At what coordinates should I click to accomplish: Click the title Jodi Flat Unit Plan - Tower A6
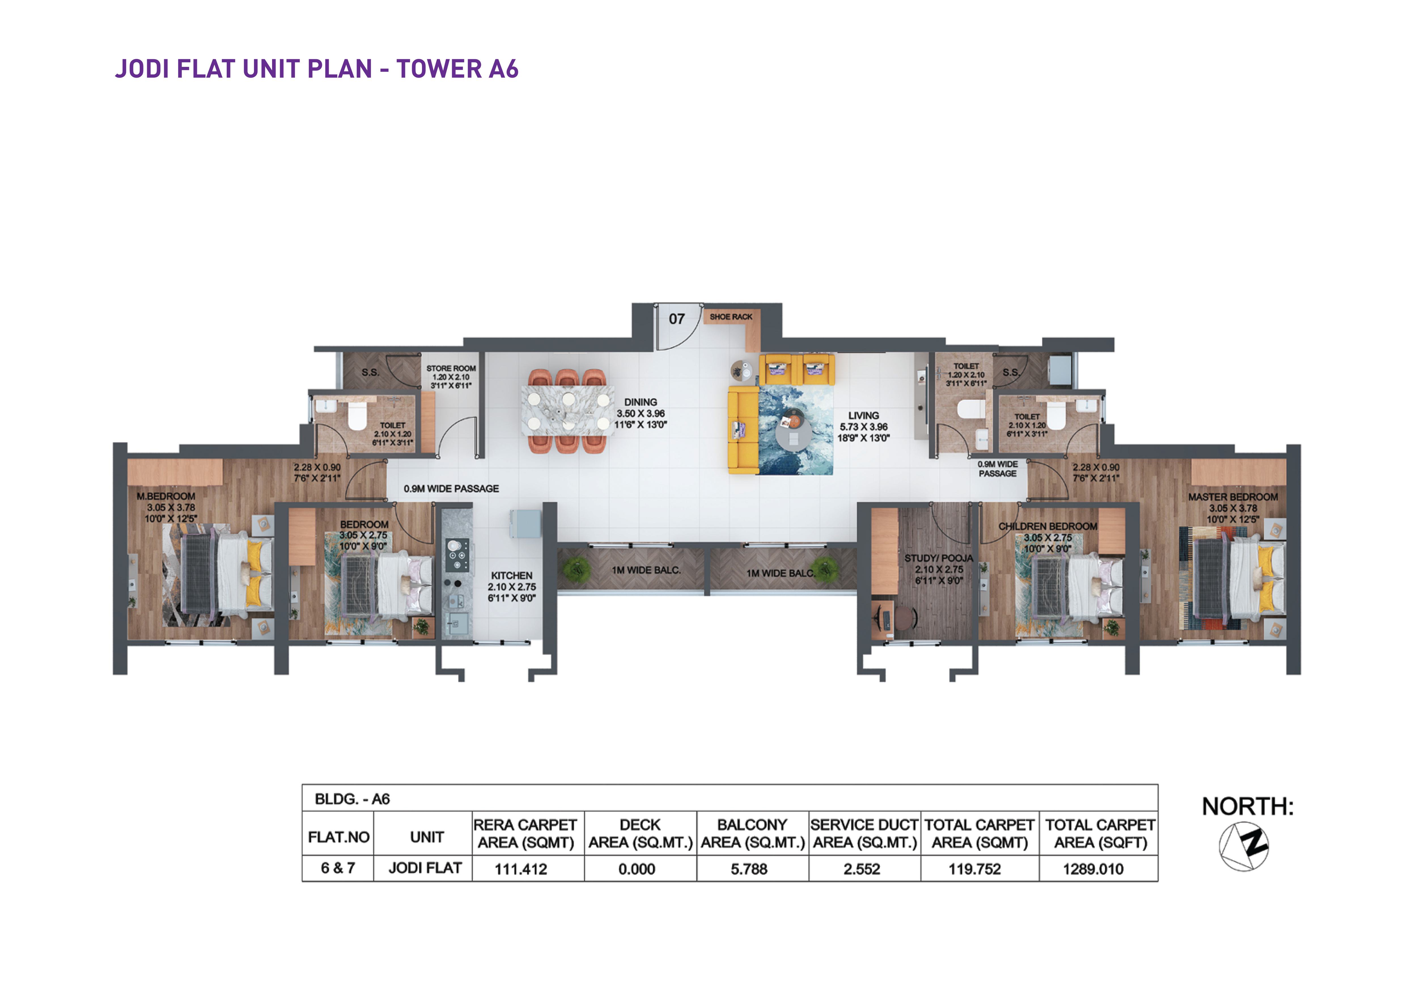(x=317, y=69)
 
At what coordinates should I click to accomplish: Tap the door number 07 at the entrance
(x=677, y=319)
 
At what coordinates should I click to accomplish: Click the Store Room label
(x=451, y=368)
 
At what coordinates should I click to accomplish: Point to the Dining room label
(x=641, y=402)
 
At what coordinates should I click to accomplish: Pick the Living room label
(x=864, y=416)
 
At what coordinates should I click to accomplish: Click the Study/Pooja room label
(x=939, y=558)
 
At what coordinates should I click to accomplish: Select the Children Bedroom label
(x=1048, y=526)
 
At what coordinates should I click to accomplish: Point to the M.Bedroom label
(x=166, y=496)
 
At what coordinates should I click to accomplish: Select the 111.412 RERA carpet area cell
(x=521, y=869)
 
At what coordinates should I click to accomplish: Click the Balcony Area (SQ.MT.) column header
(x=753, y=834)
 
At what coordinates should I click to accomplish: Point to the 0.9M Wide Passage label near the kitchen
(x=451, y=488)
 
